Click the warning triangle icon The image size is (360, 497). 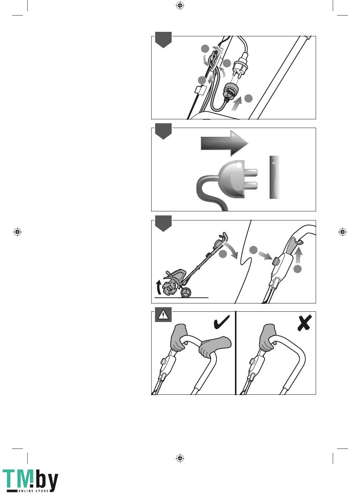(163, 315)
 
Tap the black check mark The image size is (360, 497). (222, 323)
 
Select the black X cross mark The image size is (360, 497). (305, 323)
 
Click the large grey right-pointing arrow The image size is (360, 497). (224, 143)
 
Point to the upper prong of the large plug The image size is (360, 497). (251, 172)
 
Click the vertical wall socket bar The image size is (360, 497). (275, 177)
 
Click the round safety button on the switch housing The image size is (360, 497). (275, 261)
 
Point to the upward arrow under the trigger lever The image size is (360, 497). (299, 255)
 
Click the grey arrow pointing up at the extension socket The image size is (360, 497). (236, 104)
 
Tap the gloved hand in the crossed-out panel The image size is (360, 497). (268, 338)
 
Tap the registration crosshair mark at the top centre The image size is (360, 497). (180, 5)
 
